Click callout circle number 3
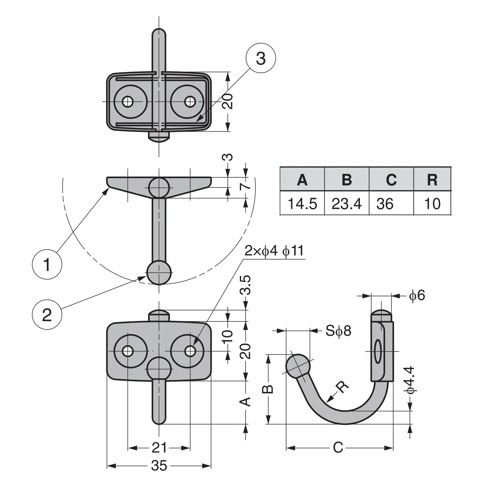(260, 58)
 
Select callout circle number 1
(47, 264)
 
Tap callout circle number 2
(47, 315)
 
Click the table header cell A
(302, 180)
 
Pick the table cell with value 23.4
(347, 204)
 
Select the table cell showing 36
(385, 204)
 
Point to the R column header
(432, 180)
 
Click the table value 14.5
(302, 204)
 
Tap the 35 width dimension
(159, 466)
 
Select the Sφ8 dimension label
(338, 331)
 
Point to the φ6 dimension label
(417, 295)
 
